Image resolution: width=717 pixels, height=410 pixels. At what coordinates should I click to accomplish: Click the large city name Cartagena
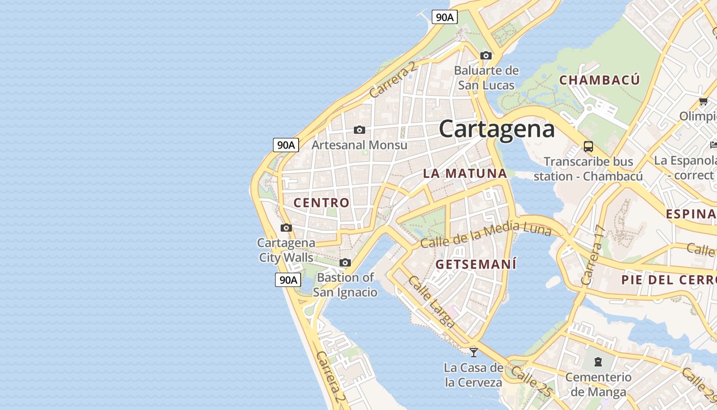[x=496, y=129]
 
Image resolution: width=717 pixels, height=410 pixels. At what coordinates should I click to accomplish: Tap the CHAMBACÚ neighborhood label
[x=599, y=80]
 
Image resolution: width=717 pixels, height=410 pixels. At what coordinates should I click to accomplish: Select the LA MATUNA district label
[x=465, y=173]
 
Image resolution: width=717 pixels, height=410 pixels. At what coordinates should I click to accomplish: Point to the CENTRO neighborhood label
[x=321, y=202]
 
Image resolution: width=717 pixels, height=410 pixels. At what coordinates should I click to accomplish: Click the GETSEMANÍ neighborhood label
[x=476, y=264]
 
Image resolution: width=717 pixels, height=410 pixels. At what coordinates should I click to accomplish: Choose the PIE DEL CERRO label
[x=668, y=280]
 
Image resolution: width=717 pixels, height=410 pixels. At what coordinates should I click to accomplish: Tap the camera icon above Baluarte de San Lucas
[x=486, y=55]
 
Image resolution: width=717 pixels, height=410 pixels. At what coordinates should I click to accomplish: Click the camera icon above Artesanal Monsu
[x=360, y=130]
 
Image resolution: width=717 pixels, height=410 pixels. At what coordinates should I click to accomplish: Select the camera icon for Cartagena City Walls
[x=286, y=228]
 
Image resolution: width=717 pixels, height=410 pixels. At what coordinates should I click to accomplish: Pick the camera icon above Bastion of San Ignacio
[x=345, y=262]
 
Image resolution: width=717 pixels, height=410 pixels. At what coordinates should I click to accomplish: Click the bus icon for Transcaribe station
[x=588, y=147]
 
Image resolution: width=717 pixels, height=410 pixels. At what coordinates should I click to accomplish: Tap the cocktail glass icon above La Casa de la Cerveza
[x=474, y=352]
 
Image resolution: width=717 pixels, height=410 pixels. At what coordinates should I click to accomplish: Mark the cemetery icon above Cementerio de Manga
[x=598, y=362]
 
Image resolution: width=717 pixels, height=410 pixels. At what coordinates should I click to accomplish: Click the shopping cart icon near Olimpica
[x=703, y=101]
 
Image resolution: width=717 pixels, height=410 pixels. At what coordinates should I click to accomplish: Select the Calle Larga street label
[x=431, y=302]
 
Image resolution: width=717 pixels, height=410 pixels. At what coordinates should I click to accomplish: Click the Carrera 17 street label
[x=593, y=255]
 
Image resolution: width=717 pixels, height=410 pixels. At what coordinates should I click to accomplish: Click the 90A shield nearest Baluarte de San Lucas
[x=444, y=17]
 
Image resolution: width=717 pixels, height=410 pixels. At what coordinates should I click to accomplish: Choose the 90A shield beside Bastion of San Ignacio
[x=287, y=279]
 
